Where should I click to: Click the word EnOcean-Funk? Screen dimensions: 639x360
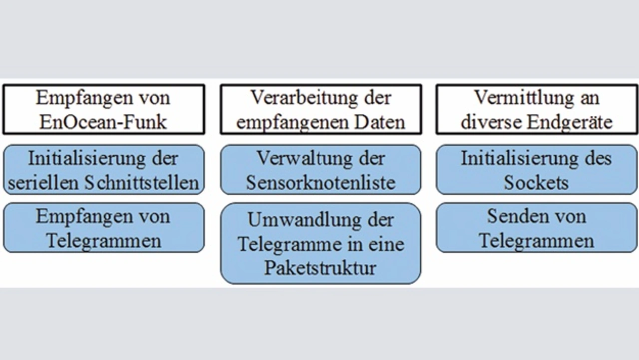103,122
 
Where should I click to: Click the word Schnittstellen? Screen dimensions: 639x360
141,183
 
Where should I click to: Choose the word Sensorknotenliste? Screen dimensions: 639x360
320,183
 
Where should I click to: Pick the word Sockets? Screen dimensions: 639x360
536,183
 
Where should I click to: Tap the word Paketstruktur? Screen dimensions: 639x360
320,268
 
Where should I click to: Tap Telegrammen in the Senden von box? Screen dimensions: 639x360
536,241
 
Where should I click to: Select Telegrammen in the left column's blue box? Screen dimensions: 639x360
104,241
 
